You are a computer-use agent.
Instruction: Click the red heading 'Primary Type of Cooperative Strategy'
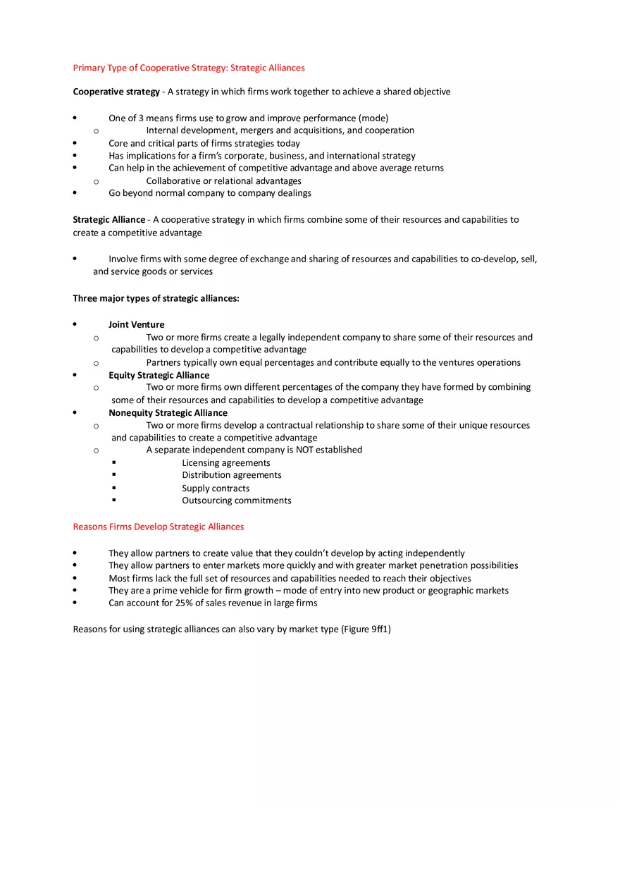(188, 68)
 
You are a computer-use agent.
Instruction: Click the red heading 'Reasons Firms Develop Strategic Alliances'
(159, 527)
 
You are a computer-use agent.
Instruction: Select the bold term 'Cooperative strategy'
(116, 92)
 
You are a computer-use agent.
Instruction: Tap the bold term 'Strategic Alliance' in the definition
(109, 220)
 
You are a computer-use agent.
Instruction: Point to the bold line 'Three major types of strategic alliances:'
(156, 299)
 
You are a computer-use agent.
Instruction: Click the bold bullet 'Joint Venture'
(136, 325)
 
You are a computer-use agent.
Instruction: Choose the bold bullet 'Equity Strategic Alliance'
(159, 376)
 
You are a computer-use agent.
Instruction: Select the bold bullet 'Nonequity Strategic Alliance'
(168, 413)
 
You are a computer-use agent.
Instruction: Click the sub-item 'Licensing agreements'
(225, 463)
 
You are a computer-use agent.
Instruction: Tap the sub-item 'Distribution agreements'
(231, 475)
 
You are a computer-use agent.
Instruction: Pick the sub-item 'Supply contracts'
(216, 488)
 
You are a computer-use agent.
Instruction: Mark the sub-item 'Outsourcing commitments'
(236, 500)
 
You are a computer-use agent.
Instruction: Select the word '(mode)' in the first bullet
(373, 118)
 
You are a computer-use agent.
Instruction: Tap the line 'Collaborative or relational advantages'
(223, 181)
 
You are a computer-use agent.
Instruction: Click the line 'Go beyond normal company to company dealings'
(209, 193)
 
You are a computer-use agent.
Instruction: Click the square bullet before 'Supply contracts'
(113, 488)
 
